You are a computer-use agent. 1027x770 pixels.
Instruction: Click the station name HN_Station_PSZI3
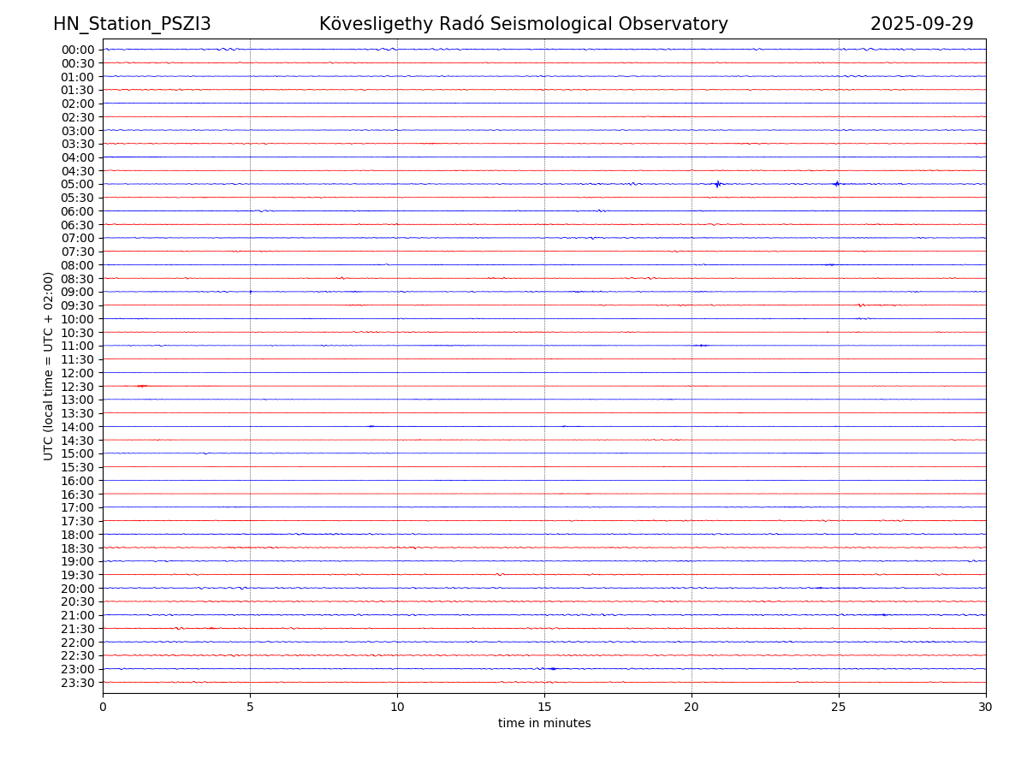pyautogui.click(x=132, y=25)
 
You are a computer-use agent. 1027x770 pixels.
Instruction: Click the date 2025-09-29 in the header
pyautogui.click(x=922, y=25)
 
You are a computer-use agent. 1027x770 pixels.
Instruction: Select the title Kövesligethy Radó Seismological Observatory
pyautogui.click(x=523, y=25)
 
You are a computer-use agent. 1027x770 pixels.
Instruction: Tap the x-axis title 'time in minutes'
pyautogui.click(x=544, y=724)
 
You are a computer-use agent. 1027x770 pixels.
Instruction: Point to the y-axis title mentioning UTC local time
pyautogui.click(x=49, y=366)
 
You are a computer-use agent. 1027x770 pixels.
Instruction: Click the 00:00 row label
pyautogui.click(x=78, y=50)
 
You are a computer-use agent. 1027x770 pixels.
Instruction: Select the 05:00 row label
pyautogui.click(x=78, y=184)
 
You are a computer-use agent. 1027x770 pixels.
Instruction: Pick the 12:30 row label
pyautogui.click(x=78, y=387)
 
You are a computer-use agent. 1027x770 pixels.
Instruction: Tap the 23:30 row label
pyautogui.click(x=78, y=683)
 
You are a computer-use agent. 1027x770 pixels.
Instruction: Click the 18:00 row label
pyautogui.click(x=78, y=535)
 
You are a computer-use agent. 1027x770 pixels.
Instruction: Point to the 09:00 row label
pyautogui.click(x=78, y=292)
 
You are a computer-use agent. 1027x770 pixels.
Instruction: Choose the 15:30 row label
pyautogui.click(x=78, y=467)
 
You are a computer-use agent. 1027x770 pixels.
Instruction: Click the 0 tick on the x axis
pyautogui.click(x=103, y=708)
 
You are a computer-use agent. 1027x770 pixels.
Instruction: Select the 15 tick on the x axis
pyautogui.click(x=544, y=708)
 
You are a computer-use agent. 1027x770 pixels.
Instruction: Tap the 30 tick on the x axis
pyautogui.click(x=986, y=708)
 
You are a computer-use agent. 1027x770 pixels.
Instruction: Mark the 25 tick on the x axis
pyautogui.click(x=839, y=708)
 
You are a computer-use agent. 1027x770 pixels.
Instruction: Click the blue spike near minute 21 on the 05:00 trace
pyautogui.click(x=718, y=184)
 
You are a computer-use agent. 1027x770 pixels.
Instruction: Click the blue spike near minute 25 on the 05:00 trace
pyautogui.click(x=836, y=184)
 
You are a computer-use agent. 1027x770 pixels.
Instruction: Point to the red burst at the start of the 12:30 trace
pyautogui.click(x=142, y=386)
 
